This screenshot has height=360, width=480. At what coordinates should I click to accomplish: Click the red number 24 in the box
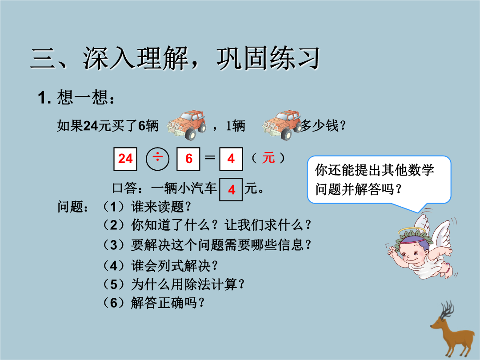(125, 159)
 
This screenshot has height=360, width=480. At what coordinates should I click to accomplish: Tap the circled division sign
(158, 159)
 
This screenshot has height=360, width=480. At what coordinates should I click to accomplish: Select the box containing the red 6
(188, 159)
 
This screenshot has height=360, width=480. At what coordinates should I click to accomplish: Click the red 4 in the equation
(231, 159)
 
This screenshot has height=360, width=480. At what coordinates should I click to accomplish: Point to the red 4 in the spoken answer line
(232, 190)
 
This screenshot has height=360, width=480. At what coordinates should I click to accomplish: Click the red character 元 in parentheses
(268, 158)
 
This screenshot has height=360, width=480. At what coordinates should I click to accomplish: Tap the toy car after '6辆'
(187, 125)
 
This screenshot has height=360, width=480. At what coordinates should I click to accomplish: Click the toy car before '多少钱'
(282, 125)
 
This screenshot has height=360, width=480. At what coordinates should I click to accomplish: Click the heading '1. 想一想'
(76, 98)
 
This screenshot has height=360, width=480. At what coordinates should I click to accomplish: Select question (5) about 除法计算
(173, 284)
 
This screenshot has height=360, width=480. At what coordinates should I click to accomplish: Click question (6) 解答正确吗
(153, 303)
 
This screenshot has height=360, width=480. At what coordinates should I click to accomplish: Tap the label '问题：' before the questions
(73, 207)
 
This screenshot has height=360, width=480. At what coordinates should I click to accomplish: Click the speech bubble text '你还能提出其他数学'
(374, 170)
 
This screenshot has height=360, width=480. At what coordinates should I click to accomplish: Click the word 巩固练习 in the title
(268, 58)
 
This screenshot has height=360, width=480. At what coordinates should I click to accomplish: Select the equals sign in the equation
(210, 158)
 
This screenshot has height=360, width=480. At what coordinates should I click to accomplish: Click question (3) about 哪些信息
(207, 245)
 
